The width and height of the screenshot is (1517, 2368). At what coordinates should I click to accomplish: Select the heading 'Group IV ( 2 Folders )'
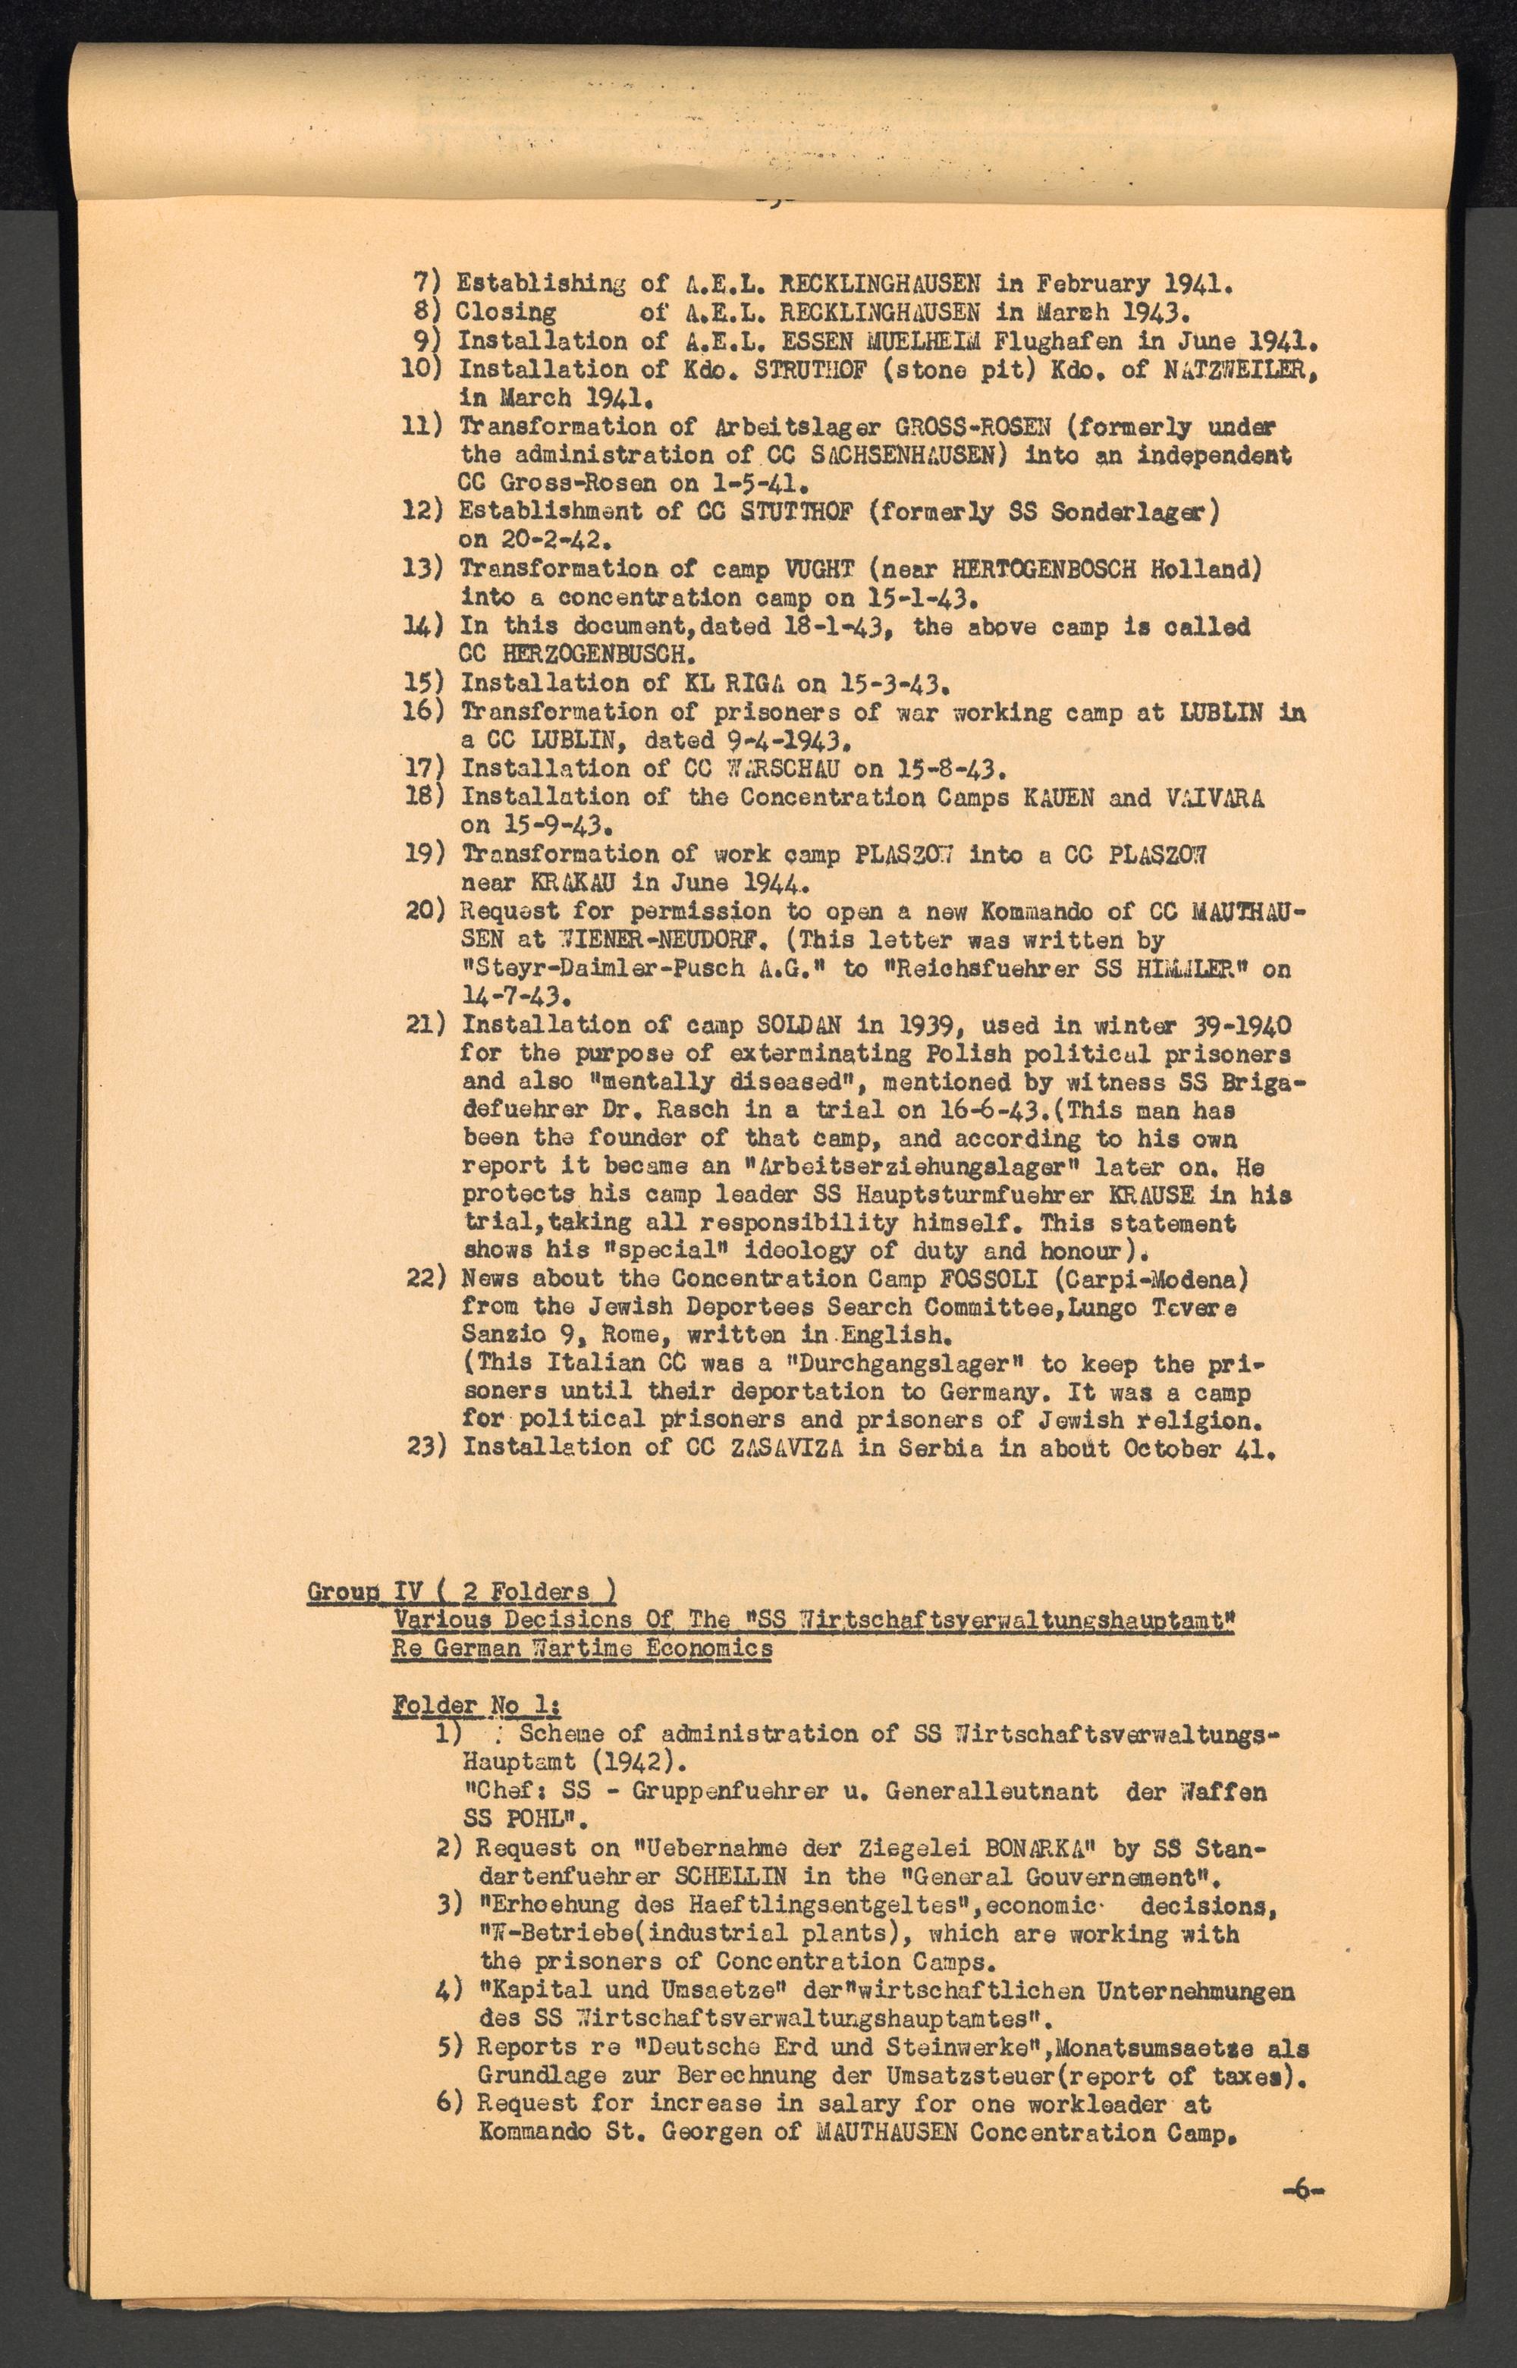point(462,1592)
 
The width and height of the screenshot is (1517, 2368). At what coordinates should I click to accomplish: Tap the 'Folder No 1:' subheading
point(477,1705)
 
